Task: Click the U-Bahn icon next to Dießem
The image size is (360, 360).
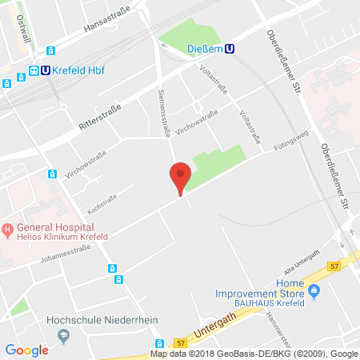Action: point(230,49)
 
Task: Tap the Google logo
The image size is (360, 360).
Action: point(26,350)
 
